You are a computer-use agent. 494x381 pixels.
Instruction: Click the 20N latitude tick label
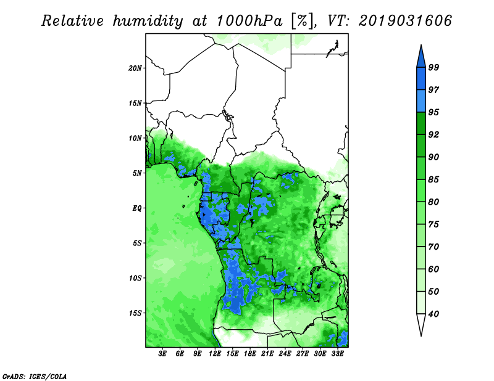pos(135,68)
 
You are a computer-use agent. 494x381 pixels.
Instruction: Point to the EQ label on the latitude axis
pos(137,208)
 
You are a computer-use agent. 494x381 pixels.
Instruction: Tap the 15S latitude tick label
pos(135,313)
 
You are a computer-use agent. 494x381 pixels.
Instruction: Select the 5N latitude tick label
pos(137,173)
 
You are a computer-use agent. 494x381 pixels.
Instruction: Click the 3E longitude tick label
pos(162,353)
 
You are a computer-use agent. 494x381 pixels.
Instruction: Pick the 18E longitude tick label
pos(250,353)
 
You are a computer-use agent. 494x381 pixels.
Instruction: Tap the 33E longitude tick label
pos(337,353)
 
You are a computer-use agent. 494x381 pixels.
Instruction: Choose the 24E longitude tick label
pos(285,353)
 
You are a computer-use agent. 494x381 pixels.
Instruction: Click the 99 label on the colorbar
pos(433,67)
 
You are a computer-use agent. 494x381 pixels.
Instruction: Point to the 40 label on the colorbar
pos(433,314)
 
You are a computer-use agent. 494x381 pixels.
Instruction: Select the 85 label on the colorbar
pos(433,179)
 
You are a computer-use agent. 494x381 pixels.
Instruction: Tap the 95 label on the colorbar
pos(433,112)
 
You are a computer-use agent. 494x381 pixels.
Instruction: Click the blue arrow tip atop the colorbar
pos(421,45)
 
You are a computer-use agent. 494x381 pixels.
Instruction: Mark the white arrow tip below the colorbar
pos(421,336)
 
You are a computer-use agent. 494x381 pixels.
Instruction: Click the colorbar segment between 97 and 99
pos(421,79)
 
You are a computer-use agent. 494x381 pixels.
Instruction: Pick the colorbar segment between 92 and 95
pos(421,123)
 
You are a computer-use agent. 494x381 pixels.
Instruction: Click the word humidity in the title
pos(148,21)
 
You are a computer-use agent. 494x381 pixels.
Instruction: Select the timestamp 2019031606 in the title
pos(405,21)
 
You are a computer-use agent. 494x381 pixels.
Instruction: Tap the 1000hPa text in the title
pos(249,21)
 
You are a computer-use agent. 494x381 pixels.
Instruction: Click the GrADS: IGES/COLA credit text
pos(35,376)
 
